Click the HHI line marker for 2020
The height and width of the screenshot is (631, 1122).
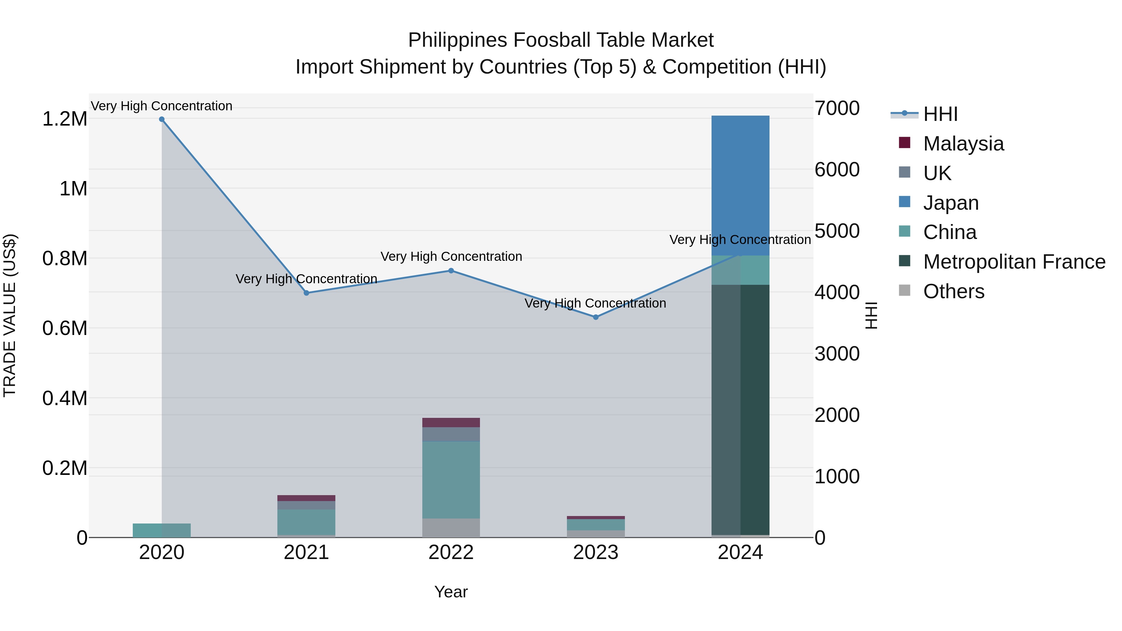click(x=161, y=119)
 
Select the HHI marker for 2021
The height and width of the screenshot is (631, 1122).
click(x=306, y=293)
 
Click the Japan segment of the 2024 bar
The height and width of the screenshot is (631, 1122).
click(x=741, y=185)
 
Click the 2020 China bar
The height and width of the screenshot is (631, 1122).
click(x=161, y=530)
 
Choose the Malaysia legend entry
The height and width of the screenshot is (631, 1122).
click(x=963, y=144)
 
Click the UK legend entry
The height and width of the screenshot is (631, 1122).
click(x=937, y=173)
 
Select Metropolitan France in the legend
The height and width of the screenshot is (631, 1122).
click(x=1014, y=262)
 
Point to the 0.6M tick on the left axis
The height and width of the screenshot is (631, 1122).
click(x=65, y=328)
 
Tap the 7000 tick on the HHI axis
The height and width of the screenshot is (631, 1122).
click(x=837, y=108)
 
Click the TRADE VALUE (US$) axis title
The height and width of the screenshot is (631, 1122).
click(x=10, y=315)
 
